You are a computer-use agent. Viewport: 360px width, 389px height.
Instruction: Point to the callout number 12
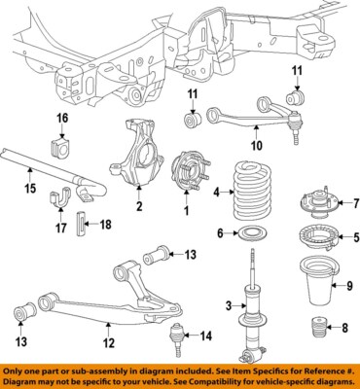[108, 342]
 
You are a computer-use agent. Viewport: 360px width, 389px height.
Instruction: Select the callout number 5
[355, 236]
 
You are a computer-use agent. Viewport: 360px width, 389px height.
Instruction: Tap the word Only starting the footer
[17, 371]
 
